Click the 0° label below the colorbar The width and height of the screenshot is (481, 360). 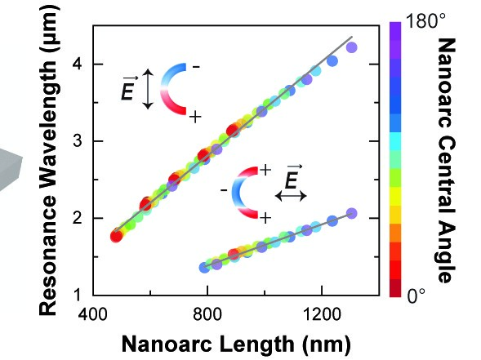416,296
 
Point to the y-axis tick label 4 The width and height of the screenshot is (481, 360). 78,64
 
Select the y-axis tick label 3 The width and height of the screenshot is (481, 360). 78,141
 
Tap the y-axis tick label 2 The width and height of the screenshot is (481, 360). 78,218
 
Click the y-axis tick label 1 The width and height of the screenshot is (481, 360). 78,295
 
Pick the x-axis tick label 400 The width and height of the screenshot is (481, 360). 93,314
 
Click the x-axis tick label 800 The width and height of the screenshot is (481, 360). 207,314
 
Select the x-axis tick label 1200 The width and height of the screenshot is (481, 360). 322,314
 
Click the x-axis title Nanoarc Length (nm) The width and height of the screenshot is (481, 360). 236,344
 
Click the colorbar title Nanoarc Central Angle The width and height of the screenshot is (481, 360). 446,160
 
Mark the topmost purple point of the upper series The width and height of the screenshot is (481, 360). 351,47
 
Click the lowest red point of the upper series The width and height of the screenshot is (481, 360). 116,236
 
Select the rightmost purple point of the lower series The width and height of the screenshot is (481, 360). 351,213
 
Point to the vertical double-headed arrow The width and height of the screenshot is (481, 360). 148,89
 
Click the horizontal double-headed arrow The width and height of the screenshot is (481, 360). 291,195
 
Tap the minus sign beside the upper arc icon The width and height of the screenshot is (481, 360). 196,67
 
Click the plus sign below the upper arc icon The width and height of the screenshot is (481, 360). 195,117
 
